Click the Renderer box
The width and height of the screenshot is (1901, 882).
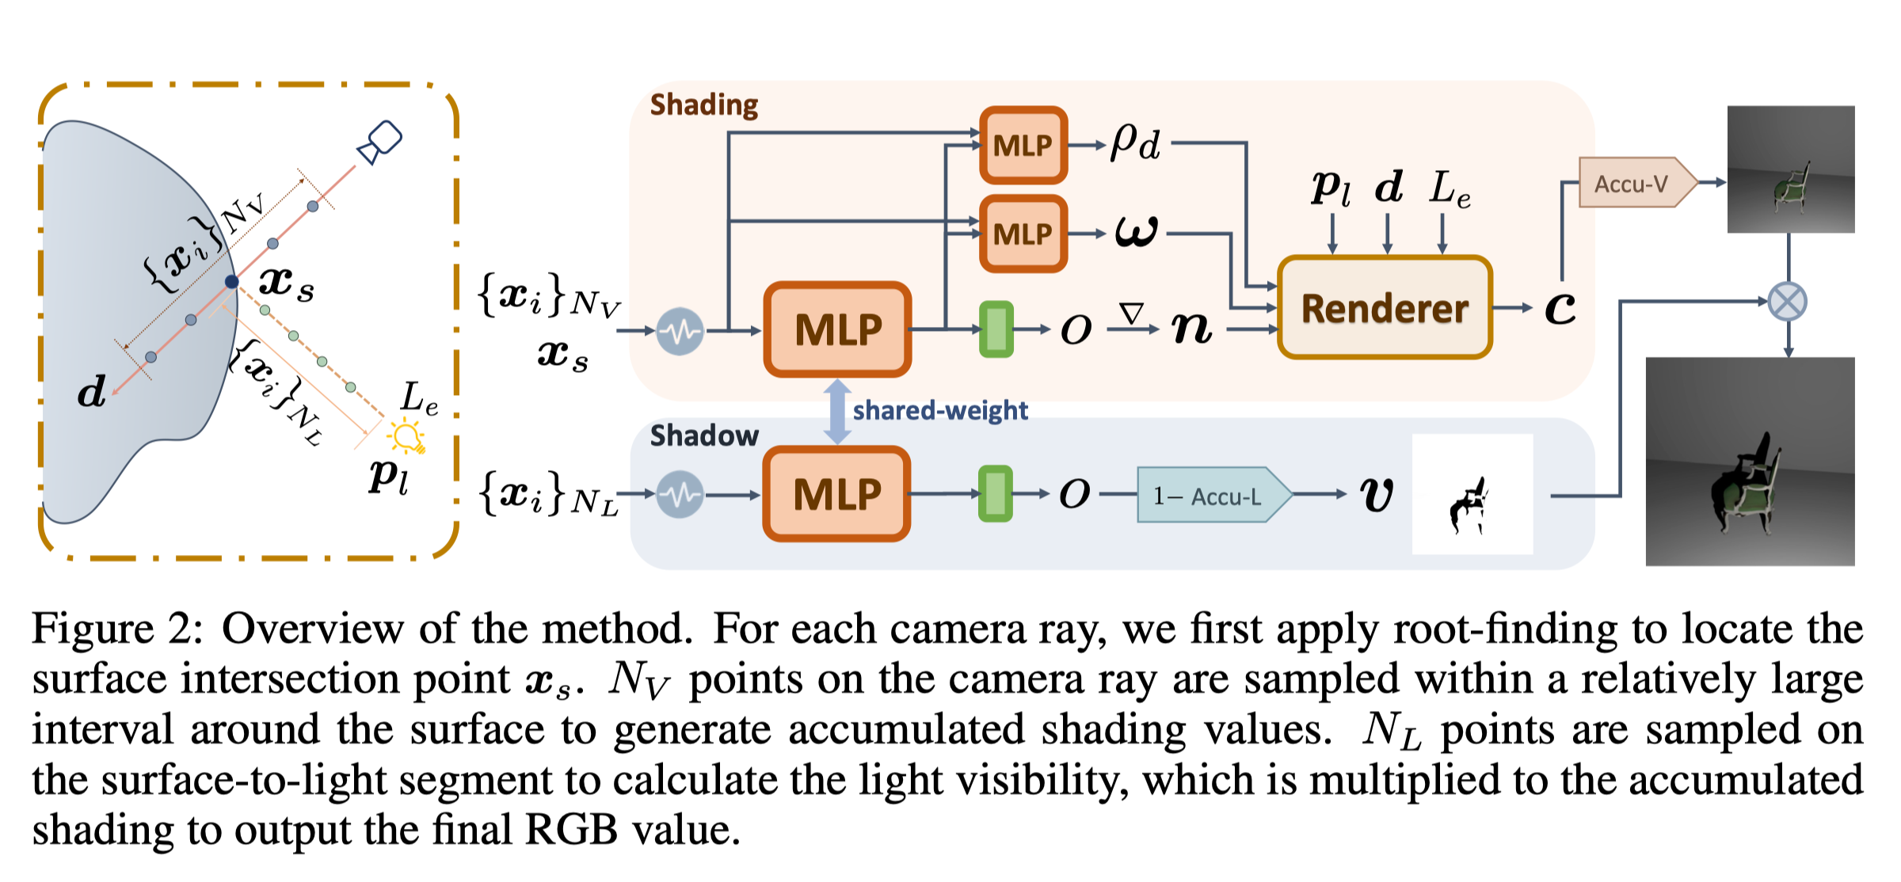click(1385, 307)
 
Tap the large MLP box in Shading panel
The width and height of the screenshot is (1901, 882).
click(838, 329)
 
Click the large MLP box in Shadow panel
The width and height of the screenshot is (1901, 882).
click(837, 494)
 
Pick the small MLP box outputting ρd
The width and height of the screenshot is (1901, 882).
click(1023, 145)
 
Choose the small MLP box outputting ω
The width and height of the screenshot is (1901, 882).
click(1023, 234)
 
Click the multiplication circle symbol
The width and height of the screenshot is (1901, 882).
click(1788, 302)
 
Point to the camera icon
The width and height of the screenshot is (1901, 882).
click(381, 142)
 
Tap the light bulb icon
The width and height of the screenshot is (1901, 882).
click(407, 436)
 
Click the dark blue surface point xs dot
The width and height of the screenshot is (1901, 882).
click(231, 281)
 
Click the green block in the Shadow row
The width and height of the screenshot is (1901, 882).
click(996, 494)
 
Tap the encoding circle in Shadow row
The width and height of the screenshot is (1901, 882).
click(680, 494)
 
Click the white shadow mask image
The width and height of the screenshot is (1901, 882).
click(1472, 494)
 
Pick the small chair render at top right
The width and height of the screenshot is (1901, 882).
click(1790, 169)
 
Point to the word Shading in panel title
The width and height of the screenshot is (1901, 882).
click(703, 105)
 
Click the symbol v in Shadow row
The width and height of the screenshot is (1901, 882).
click(1377, 496)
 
